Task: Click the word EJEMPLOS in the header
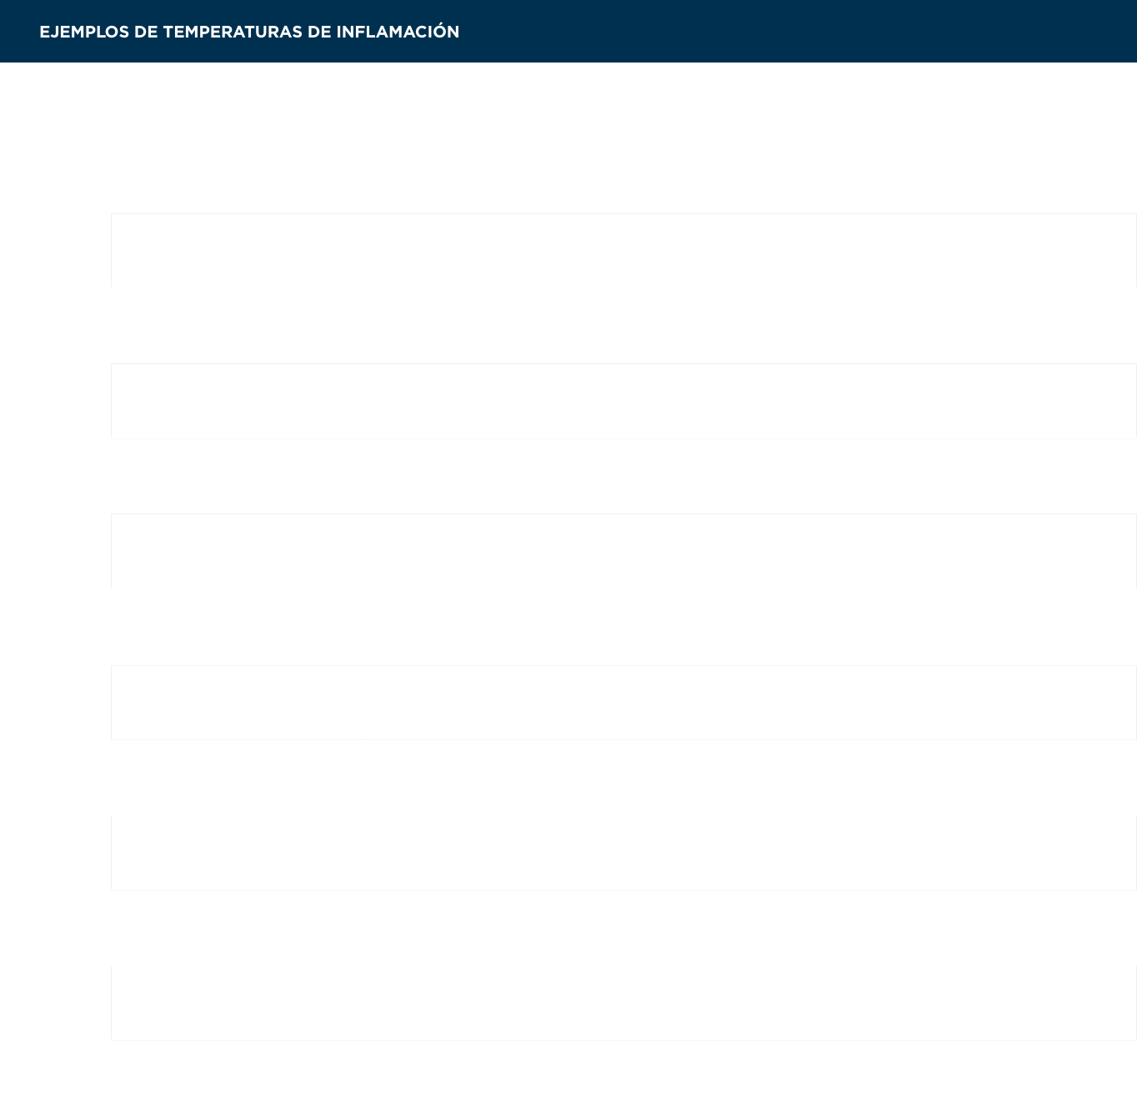[x=84, y=32]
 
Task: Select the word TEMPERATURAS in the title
[x=232, y=32]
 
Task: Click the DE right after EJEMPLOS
[x=146, y=32]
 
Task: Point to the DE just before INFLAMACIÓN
[x=319, y=32]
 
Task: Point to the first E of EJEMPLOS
[x=44, y=32]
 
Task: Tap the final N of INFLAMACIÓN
[x=453, y=32]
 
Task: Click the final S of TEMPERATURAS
[x=296, y=32]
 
